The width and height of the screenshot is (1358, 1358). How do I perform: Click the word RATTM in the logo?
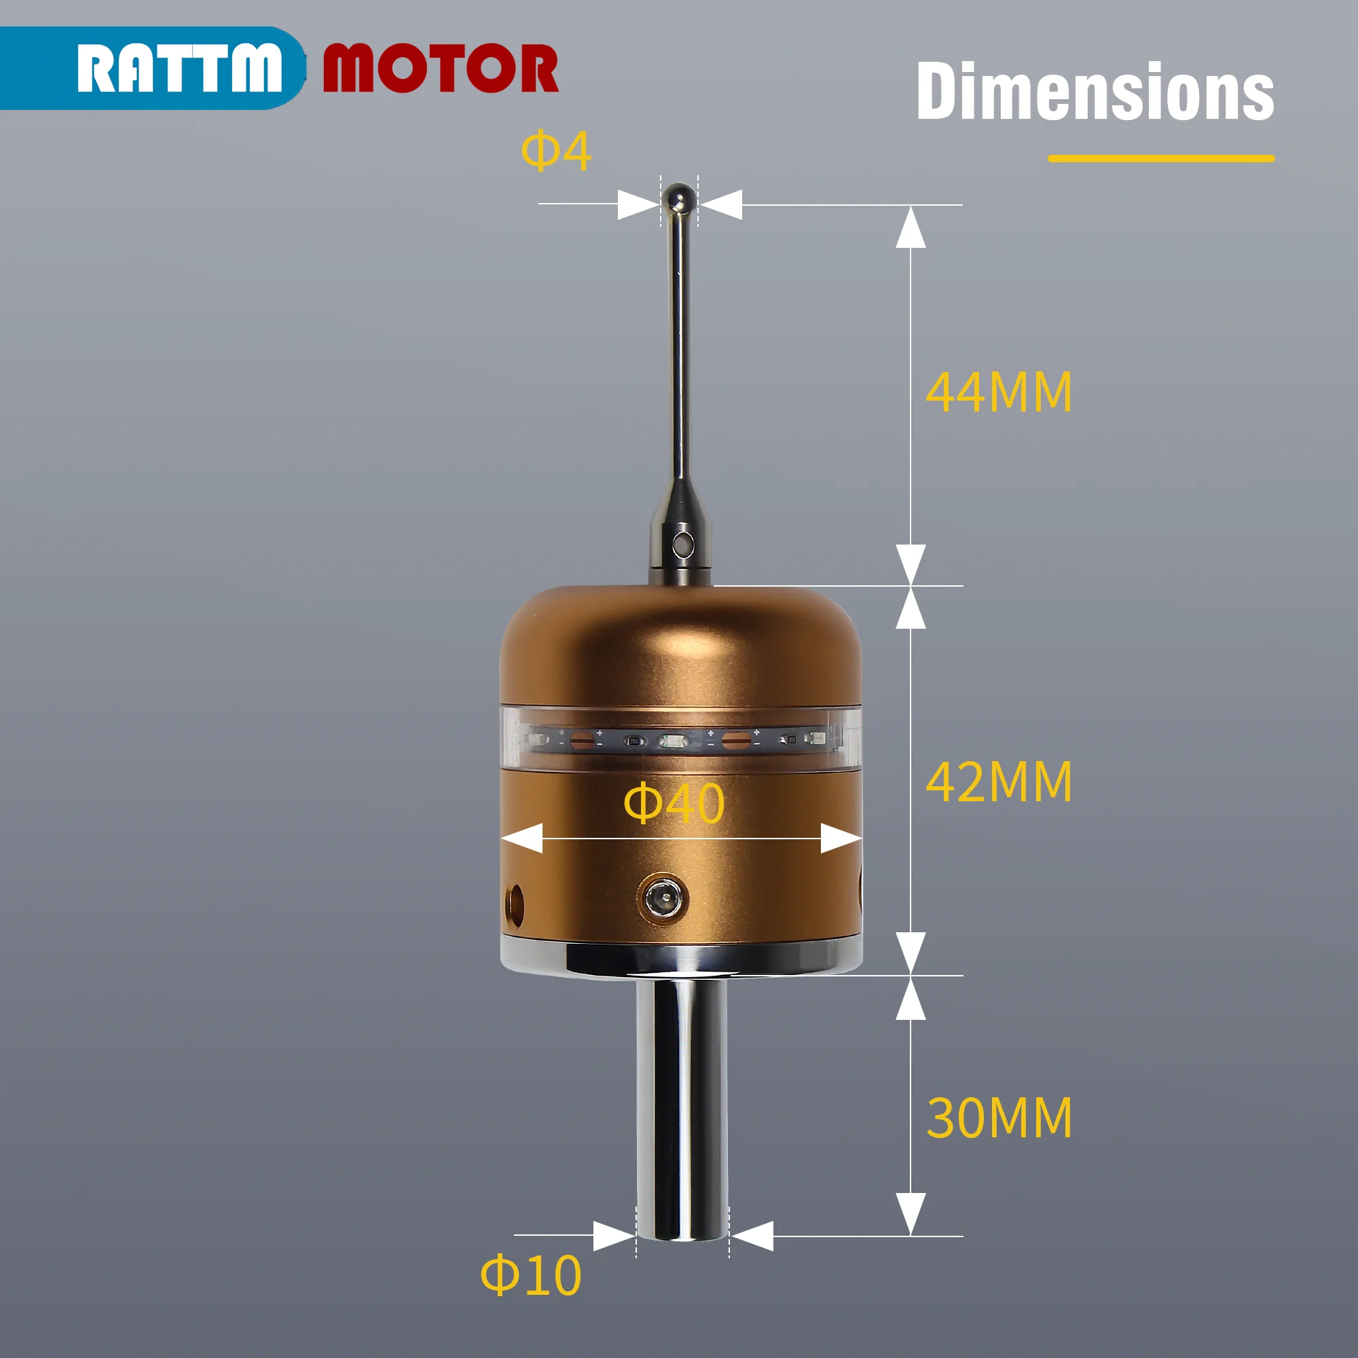tap(179, 67)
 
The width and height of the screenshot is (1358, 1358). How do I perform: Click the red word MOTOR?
tap(440, 67)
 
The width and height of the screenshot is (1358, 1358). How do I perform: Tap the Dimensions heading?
tap(1095, 92)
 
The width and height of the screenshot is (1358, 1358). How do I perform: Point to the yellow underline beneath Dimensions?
tap(1160, 159)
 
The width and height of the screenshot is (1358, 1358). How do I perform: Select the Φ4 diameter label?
tap(555, 151)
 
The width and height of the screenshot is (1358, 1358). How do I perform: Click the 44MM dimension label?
tap(998, 392)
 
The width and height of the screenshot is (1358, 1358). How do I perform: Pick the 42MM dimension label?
tap(998, 782)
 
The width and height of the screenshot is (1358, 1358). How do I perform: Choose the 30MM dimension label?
tap(998, 1118)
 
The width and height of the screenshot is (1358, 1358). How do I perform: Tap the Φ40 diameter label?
tap(674, 803)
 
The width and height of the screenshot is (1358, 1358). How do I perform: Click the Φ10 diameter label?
tap(531, 1275)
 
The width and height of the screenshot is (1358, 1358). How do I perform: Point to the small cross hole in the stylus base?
tap(681, 543)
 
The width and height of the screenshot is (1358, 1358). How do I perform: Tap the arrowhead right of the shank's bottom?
tap(752, 1236)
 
